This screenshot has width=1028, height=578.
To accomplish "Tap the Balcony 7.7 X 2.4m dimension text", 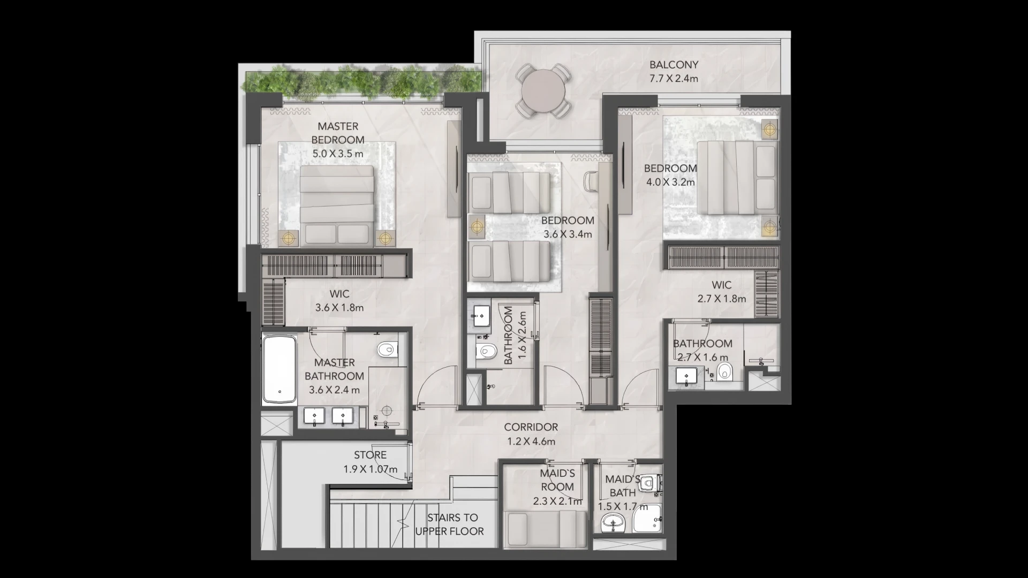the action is click(674, 79).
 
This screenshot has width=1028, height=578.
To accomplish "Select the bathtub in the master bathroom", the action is click(279, 370).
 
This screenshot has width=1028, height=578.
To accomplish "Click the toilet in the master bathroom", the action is click(387, 350).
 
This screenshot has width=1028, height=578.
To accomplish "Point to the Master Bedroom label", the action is click(338, 133).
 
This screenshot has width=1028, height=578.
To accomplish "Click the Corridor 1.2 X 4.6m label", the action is click(531, 434).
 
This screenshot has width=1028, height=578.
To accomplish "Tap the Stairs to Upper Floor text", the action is click(450, 524).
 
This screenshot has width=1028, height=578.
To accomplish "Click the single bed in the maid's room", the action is click(546, 529).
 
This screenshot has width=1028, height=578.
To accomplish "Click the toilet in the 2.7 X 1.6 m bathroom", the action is click(724, 370).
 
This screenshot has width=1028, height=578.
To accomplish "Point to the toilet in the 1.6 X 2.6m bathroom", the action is click(486, 351).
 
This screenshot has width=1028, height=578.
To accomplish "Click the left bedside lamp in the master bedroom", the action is click(289, 238).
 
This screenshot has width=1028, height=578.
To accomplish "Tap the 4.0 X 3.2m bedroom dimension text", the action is click(670, 182).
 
